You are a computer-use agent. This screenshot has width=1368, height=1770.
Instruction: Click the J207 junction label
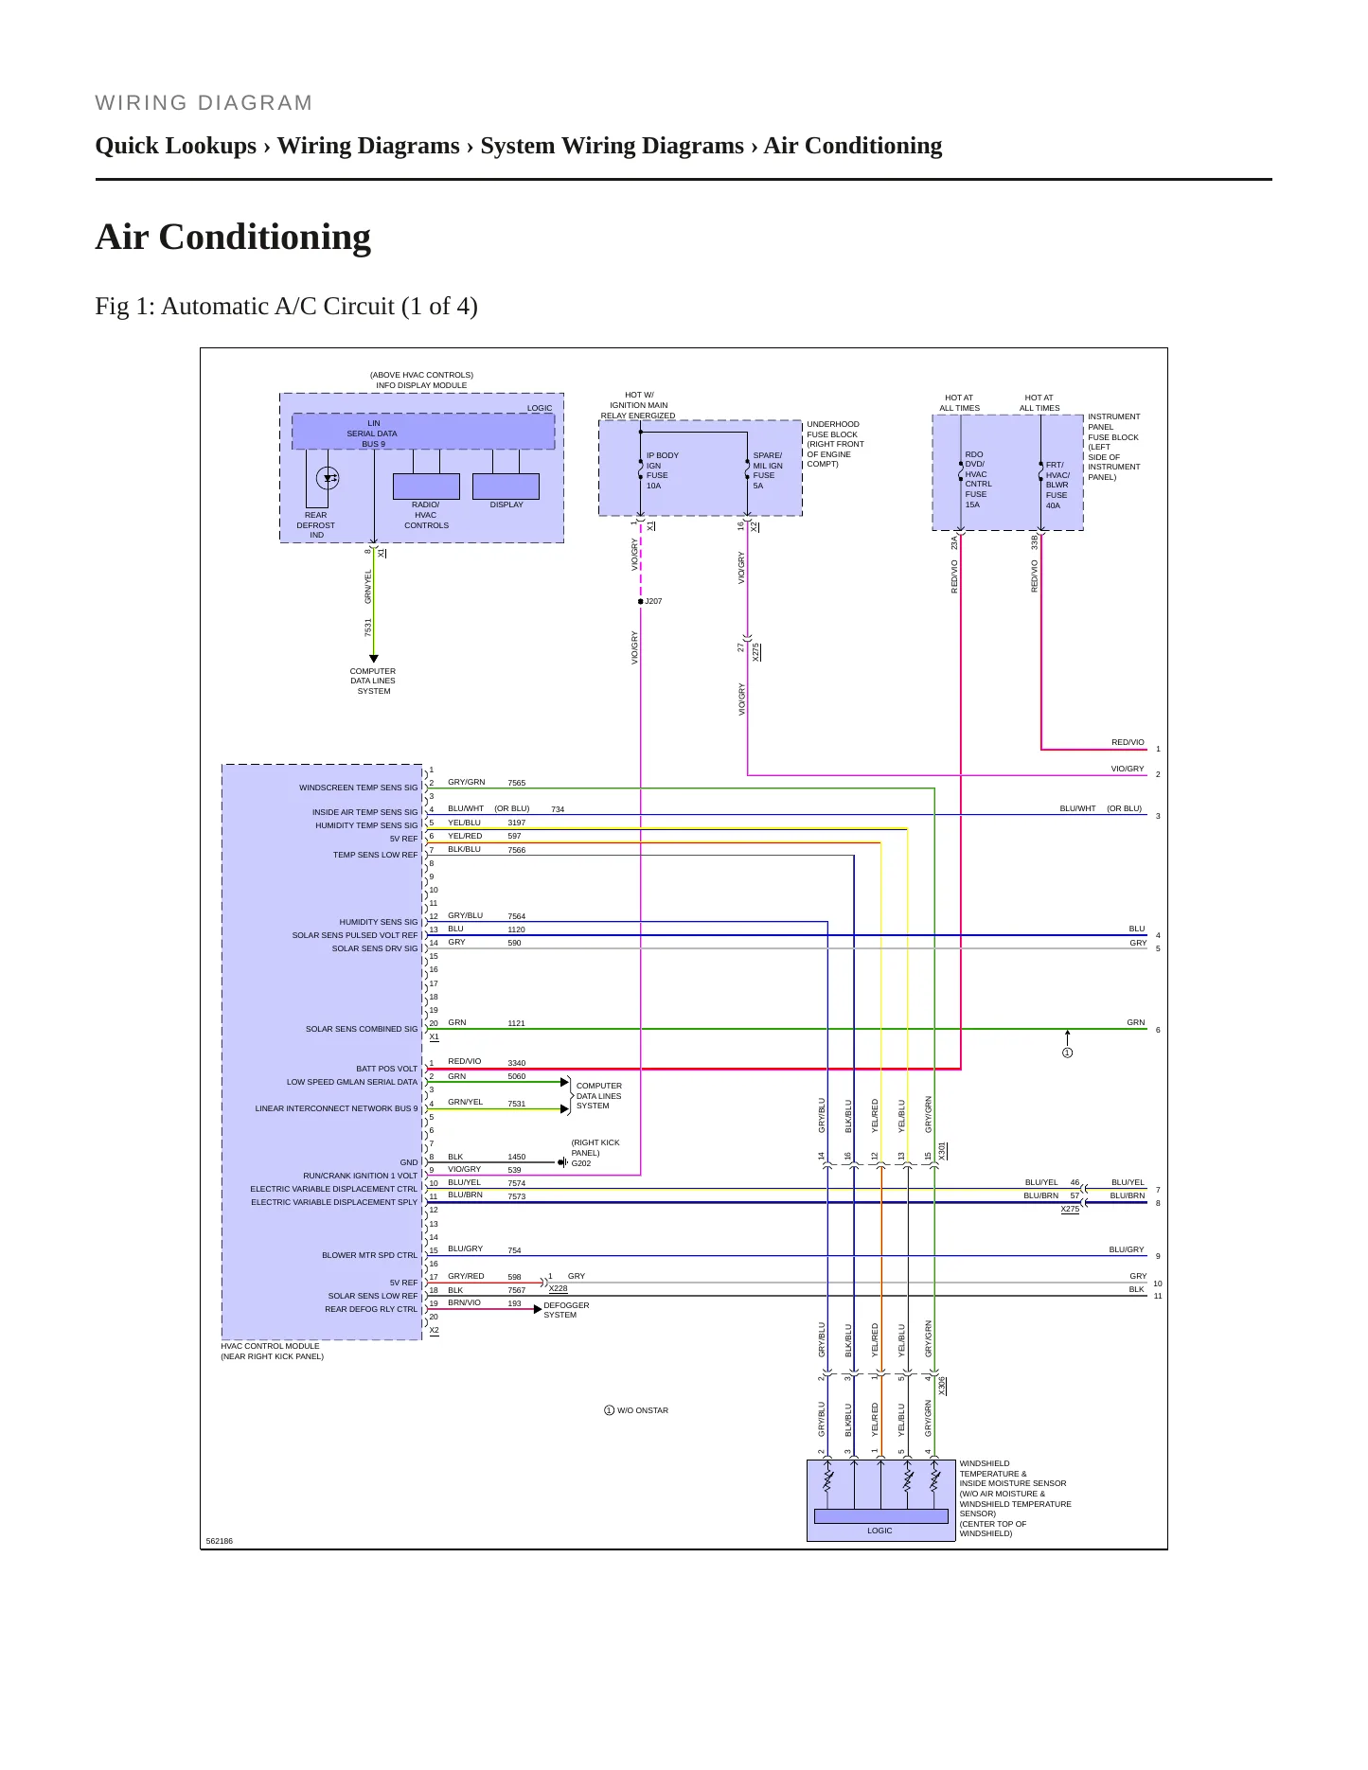coord(653,601)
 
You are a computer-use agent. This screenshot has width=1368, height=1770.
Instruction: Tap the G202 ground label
coord(581,1163)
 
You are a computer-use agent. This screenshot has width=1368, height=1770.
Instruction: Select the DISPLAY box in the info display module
coord(506,486)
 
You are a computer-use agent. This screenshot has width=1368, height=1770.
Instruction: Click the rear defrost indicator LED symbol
coord(328,478)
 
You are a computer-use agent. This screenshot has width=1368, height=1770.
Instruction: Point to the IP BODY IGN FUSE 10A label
coord(662,470)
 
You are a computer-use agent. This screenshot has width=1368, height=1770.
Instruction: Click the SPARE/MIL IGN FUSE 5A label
coord(768,470)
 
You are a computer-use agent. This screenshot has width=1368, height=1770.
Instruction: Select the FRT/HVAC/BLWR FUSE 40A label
coord(1057,485)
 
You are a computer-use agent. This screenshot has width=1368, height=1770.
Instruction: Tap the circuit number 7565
coord(516,783)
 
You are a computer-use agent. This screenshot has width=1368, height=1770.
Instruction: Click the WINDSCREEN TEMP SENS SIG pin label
coord(358,788)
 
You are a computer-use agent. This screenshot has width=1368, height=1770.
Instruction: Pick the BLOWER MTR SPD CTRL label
coord(369,1255)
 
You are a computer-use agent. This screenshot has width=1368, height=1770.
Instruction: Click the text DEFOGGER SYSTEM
coord(566,1310)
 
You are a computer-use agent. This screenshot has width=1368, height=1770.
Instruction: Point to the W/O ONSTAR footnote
coord(636,1410)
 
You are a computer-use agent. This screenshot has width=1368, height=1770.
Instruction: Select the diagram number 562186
coord(220,1541)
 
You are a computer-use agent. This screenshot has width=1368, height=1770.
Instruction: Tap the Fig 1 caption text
coord(286,307)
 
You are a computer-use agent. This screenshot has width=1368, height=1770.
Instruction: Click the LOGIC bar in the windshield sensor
coord(880,1516)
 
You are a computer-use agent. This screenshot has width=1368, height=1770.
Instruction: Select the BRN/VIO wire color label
coord(464,1302)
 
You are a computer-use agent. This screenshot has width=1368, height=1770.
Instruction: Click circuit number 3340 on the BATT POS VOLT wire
coord(516,1063)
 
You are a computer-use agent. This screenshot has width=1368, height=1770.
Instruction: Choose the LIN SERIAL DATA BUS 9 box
coord(423,432)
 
